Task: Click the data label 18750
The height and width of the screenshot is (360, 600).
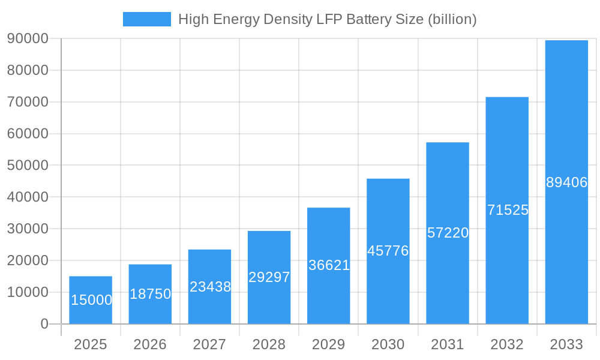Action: point(151,294)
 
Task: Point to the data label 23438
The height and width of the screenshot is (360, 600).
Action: point(210,287)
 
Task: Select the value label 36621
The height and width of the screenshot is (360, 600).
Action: point(329,265)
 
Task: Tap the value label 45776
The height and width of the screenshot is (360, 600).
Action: point(388,251)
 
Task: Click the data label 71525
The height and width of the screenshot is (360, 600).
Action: point(508,210)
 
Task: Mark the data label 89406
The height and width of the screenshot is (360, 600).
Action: point(566,182)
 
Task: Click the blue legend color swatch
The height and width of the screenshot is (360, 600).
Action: point(147,19)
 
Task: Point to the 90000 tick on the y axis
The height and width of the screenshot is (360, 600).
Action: point(28,38)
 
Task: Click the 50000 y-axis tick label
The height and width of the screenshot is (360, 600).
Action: point(28,165)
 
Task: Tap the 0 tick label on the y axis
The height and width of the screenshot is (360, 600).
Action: point(44,324)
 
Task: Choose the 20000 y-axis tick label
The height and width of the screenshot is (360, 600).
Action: point(28,260)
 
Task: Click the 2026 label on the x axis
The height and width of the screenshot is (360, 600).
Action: point(150,344)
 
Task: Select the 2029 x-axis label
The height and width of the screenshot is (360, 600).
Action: point(329,344)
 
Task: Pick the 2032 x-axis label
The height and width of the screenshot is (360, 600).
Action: point(507,344)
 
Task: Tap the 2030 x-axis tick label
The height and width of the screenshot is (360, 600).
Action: point(388,344)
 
